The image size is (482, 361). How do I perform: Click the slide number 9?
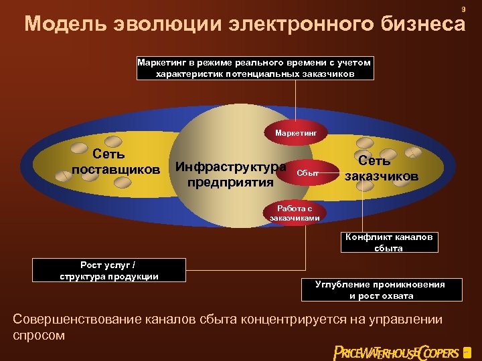point(463,9)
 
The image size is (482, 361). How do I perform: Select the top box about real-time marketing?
point(254,68)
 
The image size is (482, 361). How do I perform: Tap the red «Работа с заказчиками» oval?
point(295,213)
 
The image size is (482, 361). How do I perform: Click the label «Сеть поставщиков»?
point(116,162)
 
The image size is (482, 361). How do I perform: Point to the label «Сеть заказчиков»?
point(382,168)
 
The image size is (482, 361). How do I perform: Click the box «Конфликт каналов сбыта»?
point(388,242)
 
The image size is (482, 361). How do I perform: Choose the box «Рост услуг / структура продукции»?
point(109,271)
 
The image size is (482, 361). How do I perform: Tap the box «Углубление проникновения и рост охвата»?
point(380,289)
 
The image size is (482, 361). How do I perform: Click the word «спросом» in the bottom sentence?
point(39,336)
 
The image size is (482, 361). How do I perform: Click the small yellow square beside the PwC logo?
point(467,351)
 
